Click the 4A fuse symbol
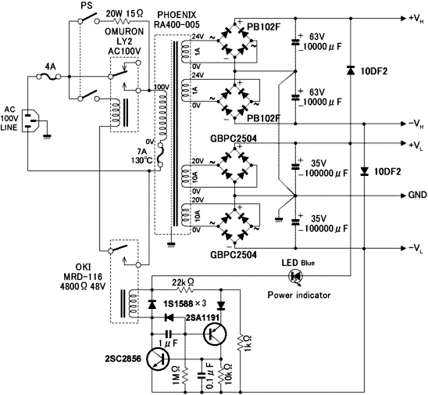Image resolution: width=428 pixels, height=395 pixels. (48, 77)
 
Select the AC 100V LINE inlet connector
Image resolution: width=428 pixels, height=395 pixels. (30, 120)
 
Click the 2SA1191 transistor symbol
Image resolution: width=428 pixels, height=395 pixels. (215, 334)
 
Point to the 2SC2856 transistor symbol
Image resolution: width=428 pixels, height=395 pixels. (158, 359)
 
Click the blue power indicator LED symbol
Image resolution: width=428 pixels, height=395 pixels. (296, 276)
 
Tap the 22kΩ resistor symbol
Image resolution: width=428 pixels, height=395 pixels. (185, 289)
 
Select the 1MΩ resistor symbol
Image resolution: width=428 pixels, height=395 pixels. (185, 375)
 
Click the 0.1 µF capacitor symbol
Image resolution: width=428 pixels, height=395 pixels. (202, 375)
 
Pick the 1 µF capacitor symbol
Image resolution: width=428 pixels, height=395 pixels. (169, 334)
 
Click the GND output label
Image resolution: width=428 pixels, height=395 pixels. (417, 195)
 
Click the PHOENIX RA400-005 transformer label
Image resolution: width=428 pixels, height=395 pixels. (177, 20)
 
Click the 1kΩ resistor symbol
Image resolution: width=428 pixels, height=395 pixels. (241, 342)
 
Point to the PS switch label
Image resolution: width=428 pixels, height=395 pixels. (87, 5)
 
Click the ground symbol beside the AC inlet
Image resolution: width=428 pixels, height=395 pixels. (47, 136)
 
